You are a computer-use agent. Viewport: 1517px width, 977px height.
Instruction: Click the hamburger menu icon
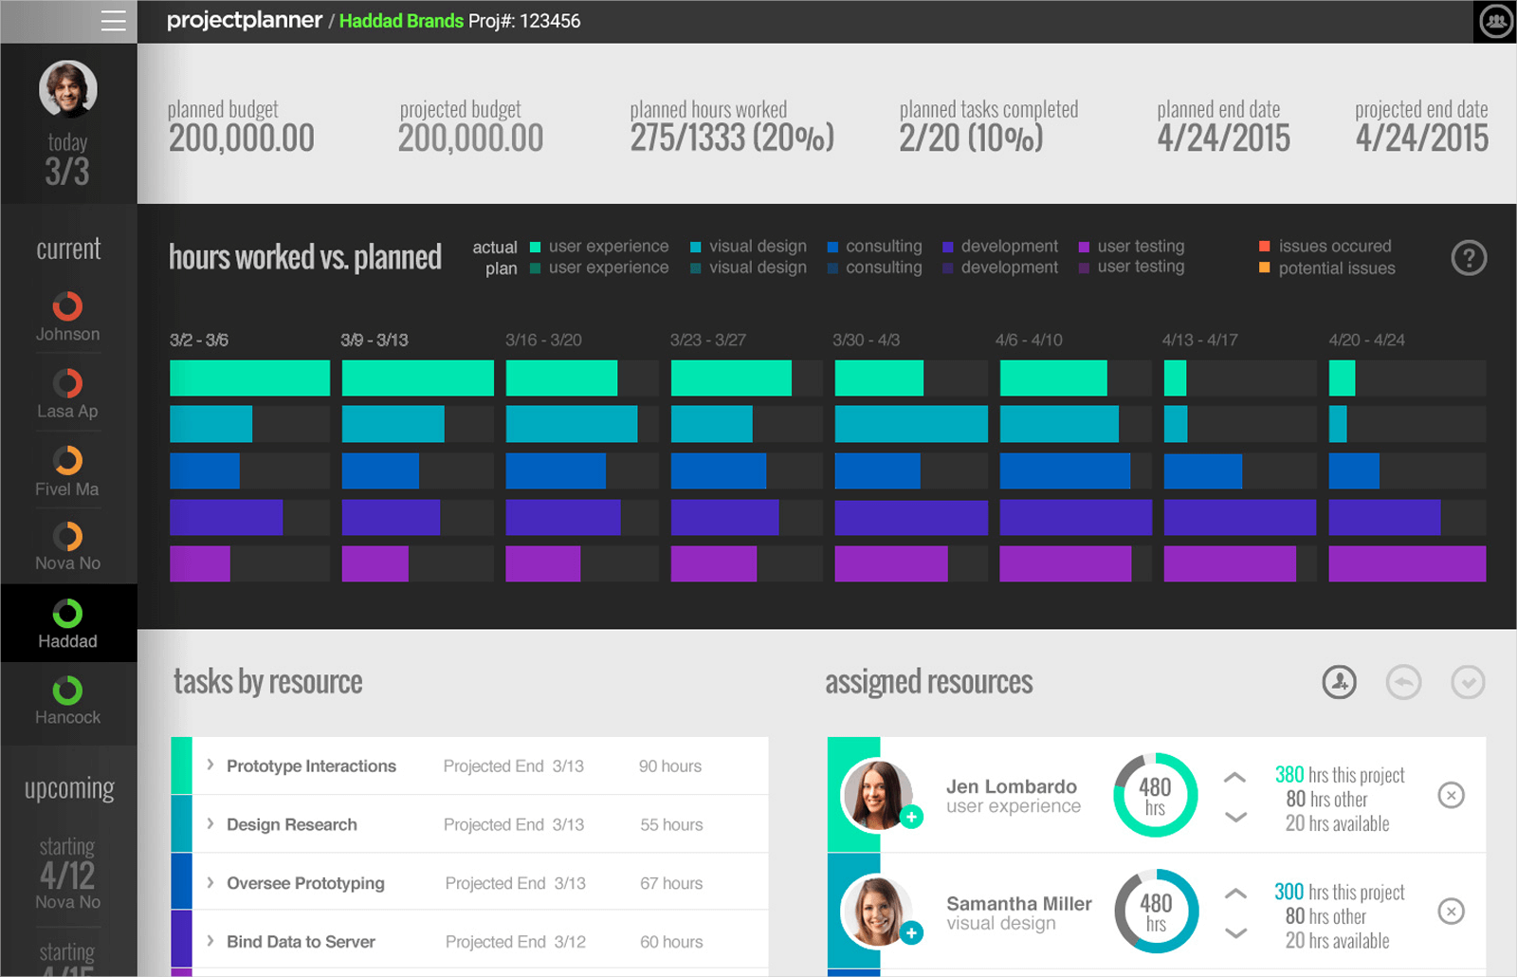pyautogui.click(x=113, y=21)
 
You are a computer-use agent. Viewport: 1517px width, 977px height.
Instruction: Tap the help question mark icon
pyautogui.click(x=1469, y=257)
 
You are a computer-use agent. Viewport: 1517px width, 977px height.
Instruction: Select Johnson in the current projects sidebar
pyautogui.click(x=67, y=317)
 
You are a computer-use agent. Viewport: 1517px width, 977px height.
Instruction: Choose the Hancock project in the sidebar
pyautogui.click(x=67, y=701)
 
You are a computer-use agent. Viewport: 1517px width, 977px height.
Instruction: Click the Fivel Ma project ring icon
pyautogui.click(x=67, y=460)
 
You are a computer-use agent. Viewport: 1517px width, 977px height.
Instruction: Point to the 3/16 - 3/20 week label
pyautogui.click(x=543, y=340)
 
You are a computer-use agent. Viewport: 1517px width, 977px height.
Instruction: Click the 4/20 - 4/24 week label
pyautogui.click(x=1366, y=340)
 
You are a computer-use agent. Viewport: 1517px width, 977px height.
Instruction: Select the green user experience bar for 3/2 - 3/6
pyautogui.click(x=249, y=378)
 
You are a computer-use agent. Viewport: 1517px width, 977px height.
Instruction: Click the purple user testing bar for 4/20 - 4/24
pyautogui.click(x=1406, y=563)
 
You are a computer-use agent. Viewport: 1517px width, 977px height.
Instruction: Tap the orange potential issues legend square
pyautogui.click(x=1264, y=267)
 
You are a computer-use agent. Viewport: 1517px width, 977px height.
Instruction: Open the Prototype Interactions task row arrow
pyautogui.click(x=210, y=765)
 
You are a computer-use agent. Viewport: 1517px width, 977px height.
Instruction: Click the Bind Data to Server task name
pyautogui.click(x=301, y=942)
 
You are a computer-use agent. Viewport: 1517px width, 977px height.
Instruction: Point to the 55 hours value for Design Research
pyautogui.click(x=671, y=825)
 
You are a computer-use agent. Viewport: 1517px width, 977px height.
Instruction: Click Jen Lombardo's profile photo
pyautogui.click(x=877, y=795)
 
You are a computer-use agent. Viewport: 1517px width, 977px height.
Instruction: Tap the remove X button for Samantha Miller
pyautogui.click(x=1451, y=912)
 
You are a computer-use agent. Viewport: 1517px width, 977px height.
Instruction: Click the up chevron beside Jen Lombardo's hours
pyautogui.click(x=1234, y=778)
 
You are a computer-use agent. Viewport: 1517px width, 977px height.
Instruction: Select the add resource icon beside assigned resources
pyautogui.click(x=1339, y=682)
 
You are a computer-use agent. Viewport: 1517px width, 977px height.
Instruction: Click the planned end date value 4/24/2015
pyautogui.click(x=1223, y=138)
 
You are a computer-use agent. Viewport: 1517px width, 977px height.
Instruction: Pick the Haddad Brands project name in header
pyautogui.click(x=401, y=21)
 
